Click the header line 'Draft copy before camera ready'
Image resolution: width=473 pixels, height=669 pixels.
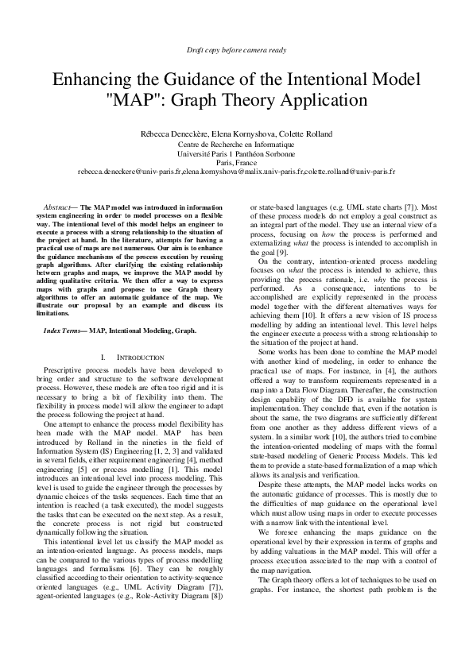236,50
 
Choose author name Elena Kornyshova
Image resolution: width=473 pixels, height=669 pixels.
246,133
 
